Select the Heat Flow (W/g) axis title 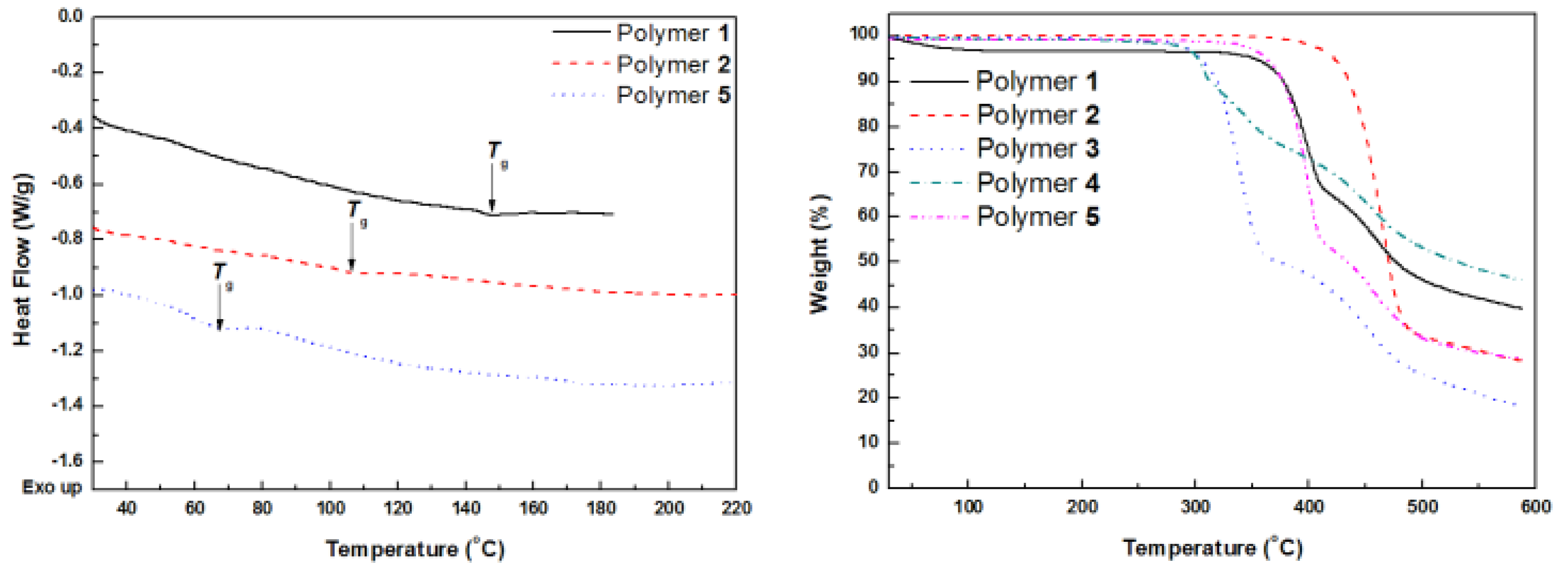click(22, 261)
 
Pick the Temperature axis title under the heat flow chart click(415, 549)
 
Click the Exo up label click(51, 487)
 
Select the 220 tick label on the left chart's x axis click(736, 508)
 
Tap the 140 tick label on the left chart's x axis click(465, 508)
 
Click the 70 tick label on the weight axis click(868, 171)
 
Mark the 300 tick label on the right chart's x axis click(1195, 506)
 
